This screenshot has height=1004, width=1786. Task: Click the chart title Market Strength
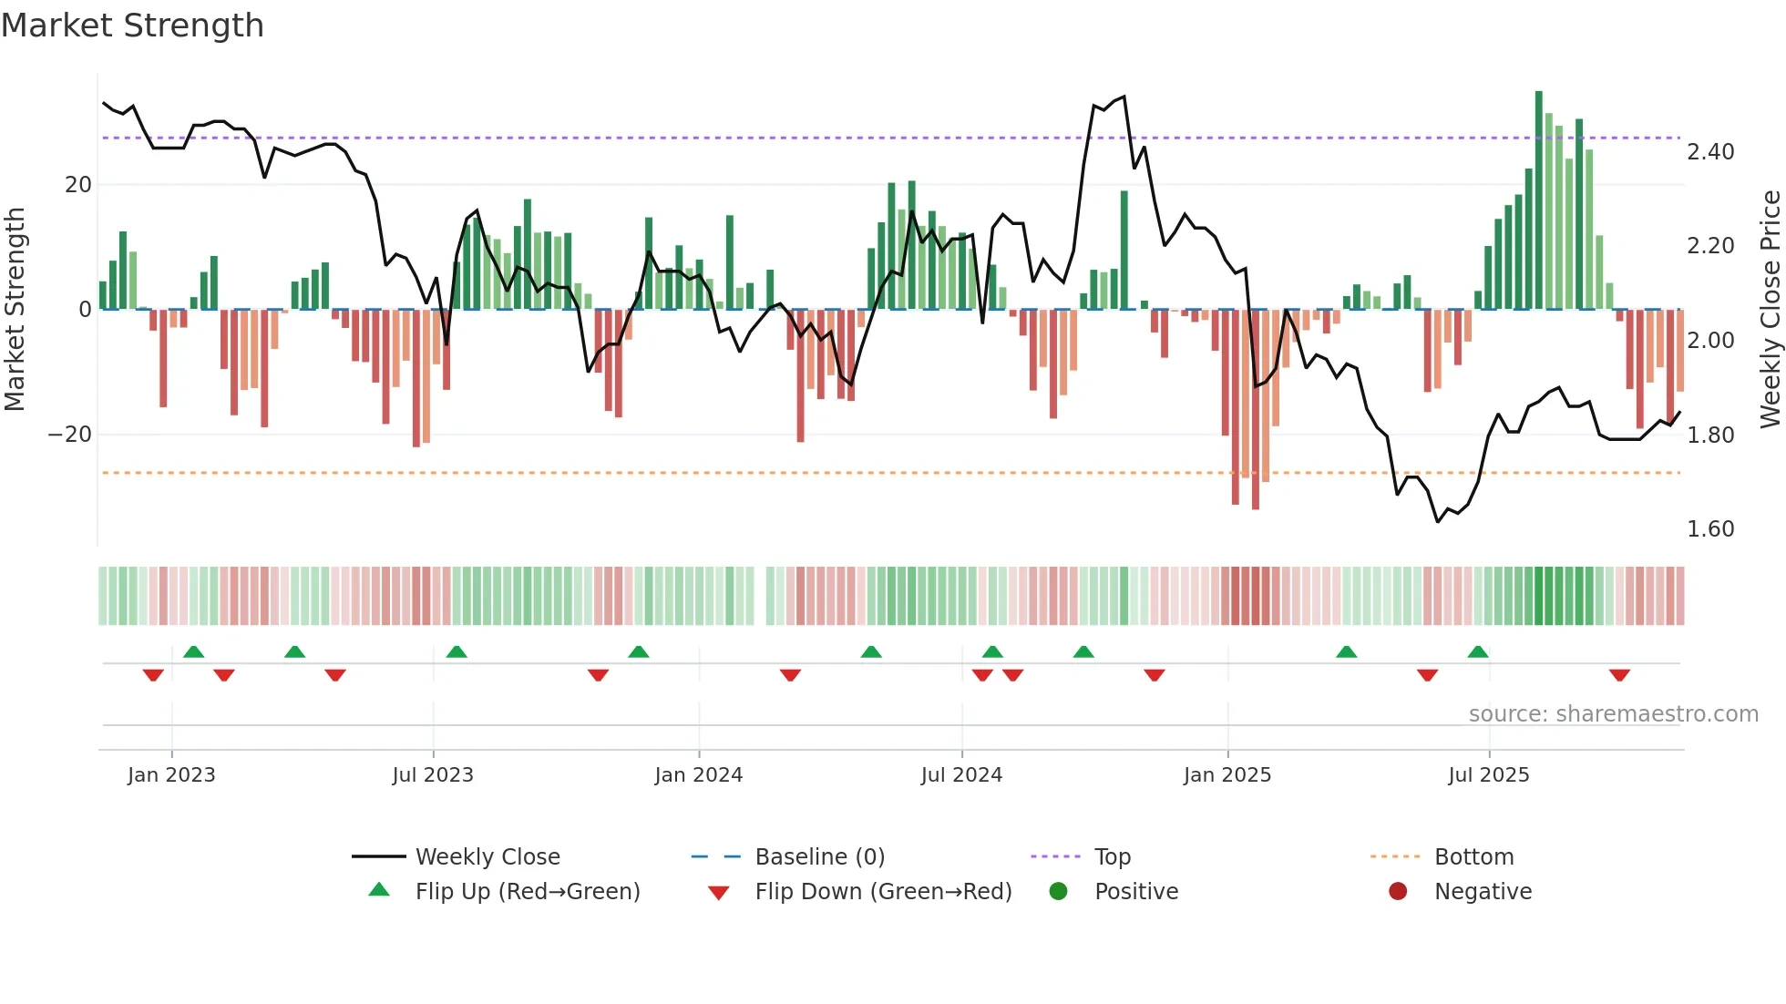coord(132,26)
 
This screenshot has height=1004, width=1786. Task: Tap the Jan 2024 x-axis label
coord(698,775)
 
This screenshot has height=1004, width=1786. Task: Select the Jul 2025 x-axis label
coord(1488,775)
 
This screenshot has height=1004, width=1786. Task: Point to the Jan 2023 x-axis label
coord(171,775)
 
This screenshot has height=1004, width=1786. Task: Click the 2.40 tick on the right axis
coord(1709,152)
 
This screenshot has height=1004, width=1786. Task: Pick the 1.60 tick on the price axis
coord(1709,529)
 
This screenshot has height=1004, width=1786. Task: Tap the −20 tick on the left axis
coord(70,435)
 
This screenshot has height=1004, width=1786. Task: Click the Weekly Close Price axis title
coord(1770,309)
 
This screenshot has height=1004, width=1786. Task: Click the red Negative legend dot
coord(1398,892)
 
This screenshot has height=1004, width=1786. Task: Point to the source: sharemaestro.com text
coord(1613,714)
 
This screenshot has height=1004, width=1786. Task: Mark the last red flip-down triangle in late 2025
coord(1619,675)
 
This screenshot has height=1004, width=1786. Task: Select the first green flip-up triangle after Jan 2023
coord(193,651)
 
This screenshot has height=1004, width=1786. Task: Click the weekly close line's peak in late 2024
coord(1124,97)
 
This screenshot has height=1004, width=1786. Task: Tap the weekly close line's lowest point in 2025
coord(1438,522)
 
